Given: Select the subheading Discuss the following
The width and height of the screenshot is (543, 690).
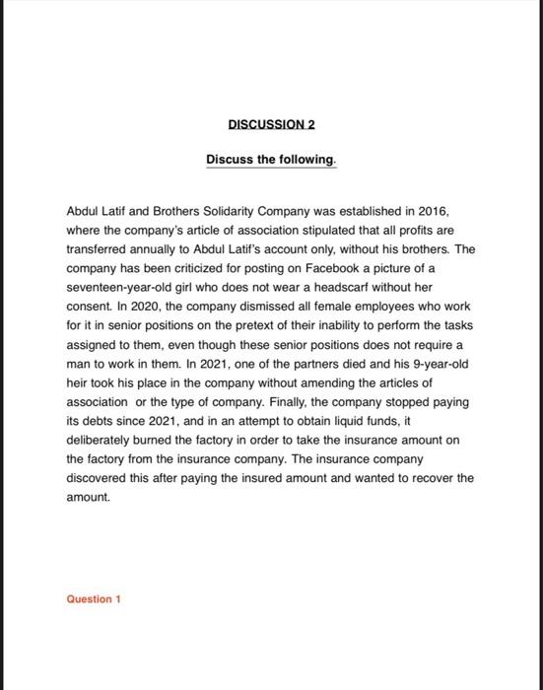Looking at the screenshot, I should [271, 159].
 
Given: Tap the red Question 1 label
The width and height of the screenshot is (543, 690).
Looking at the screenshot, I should [93, 598].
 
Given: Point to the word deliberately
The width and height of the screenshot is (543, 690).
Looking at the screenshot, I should [102, 441].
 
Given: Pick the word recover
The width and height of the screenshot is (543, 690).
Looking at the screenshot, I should [429, 479].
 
